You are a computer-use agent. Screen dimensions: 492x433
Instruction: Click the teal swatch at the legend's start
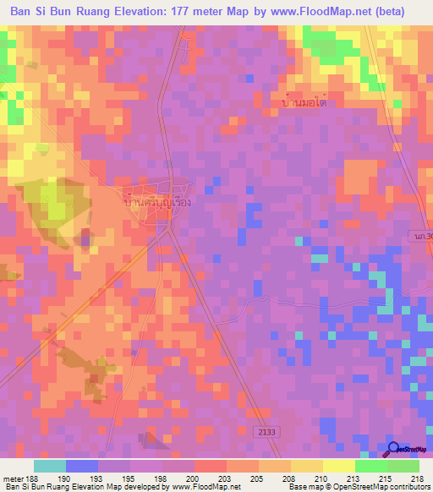click(x=49, y=466)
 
